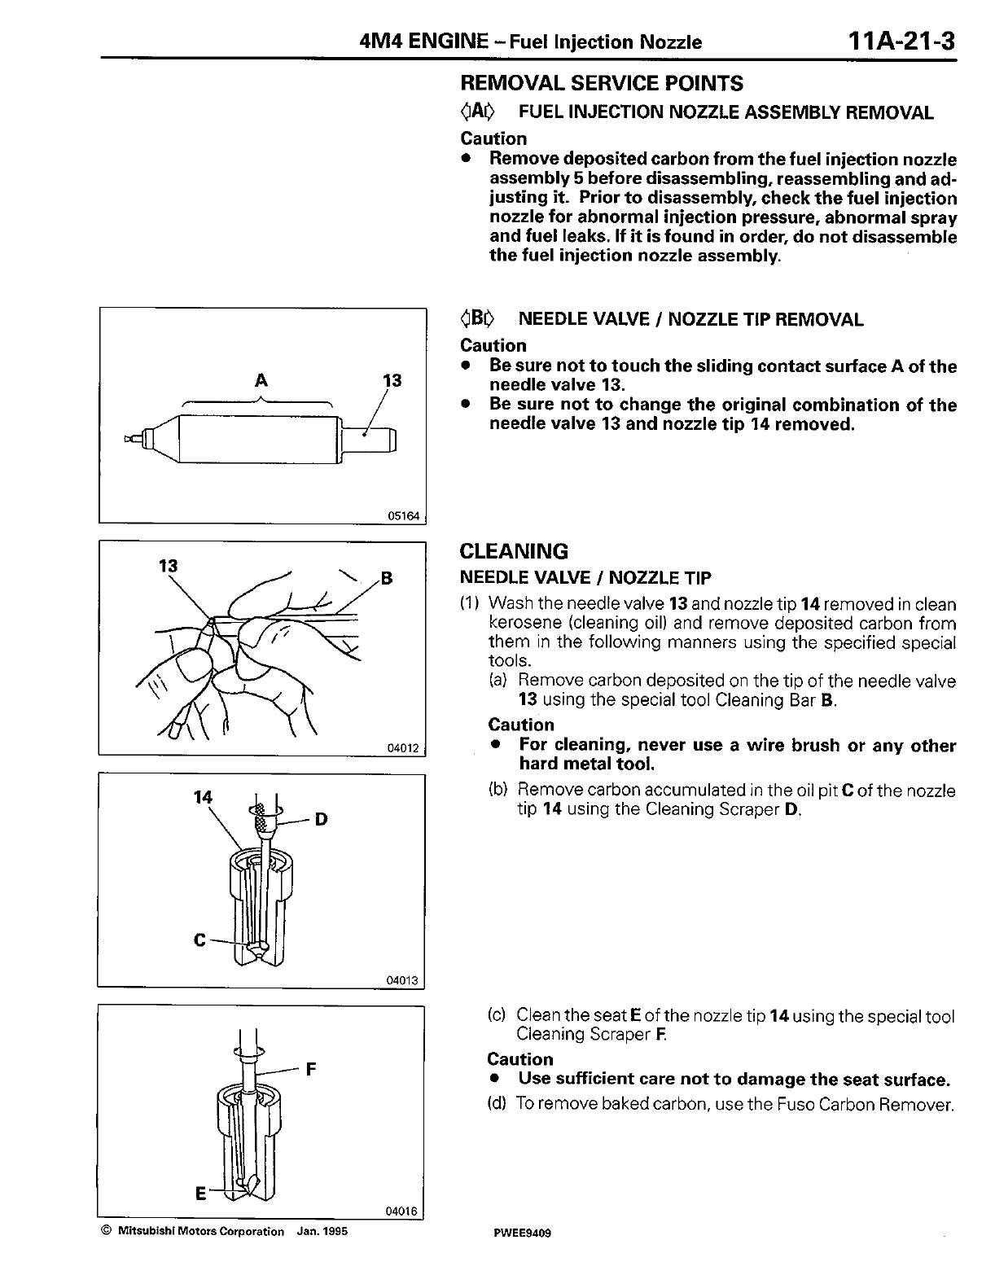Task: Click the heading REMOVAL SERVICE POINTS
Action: pyautogui.click(x=601, y=83)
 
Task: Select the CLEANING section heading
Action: pyautogui.click(x=514, y=551)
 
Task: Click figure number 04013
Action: pyautogui.click(x=402, y=981)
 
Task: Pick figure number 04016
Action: pyautogui.click(x=401, y=1211)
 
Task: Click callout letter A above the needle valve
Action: pyautogui.click(x=261, y=379)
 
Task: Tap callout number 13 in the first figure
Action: pyautogui.click(x=392, y=380)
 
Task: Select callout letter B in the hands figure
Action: pyautogui.click(x=387, y=579)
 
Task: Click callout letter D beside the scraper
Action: pyautogui.click(x=321, y=818)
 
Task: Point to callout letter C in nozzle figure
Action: pyautogui.click(x=199, y=940)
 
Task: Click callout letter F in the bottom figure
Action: pyautogui.click(x=310, y=1069)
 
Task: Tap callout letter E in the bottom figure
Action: pyautogui.click(x=199, y=1194)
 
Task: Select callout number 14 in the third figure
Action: pyautogui.click(x=203, y=797)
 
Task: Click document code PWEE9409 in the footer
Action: pyautogui.click(x=522, y=1233)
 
